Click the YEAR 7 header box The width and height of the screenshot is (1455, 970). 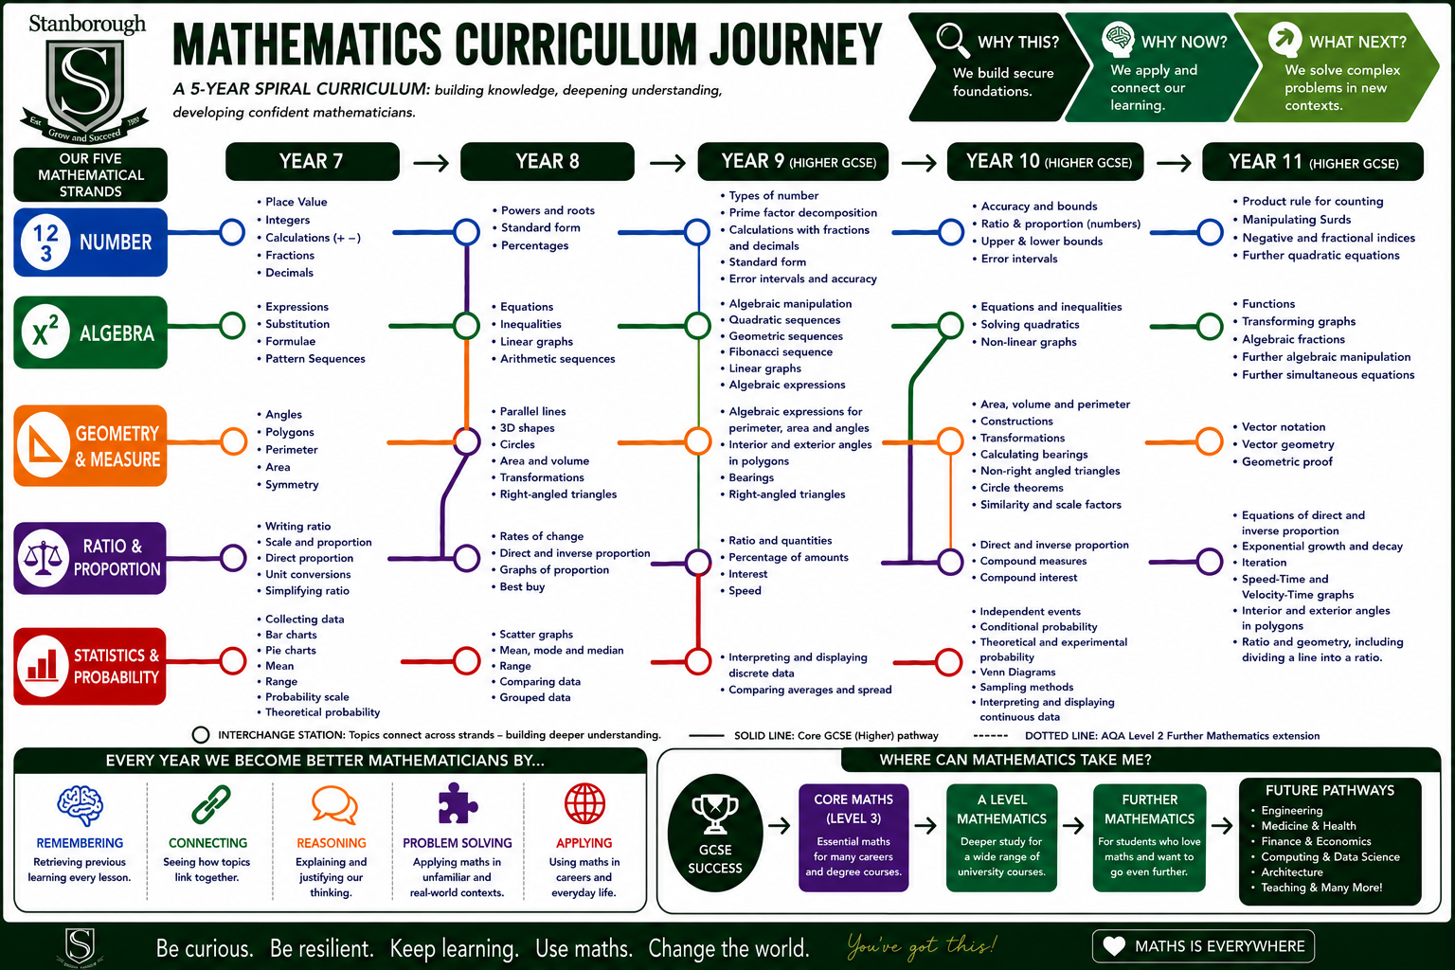pos(313,161)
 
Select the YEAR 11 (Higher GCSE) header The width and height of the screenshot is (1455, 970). pos(1313,162)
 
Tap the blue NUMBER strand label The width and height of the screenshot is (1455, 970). pos(90,242)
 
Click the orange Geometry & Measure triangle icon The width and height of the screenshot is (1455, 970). pos(44,445)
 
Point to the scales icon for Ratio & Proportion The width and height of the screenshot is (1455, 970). pos(43,557)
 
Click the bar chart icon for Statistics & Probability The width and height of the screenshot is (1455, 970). pos(43,666)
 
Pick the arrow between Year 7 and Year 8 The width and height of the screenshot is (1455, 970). pos(431,162)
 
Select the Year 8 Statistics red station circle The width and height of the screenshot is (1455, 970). pos(466,661)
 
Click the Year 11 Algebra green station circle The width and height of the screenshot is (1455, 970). pos(1210,326)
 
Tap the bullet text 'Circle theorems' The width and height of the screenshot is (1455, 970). pos(1022,487)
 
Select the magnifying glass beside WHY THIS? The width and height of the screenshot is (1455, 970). pos(953,41)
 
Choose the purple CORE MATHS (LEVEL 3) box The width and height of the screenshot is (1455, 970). pos(853,837)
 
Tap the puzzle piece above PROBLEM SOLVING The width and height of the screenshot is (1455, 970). pos(458,803)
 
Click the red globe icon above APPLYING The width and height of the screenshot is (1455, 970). pos(584,803)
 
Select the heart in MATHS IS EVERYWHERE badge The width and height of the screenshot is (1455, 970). pos(1114,946)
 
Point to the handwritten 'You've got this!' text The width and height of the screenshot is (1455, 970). pos(922,946)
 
